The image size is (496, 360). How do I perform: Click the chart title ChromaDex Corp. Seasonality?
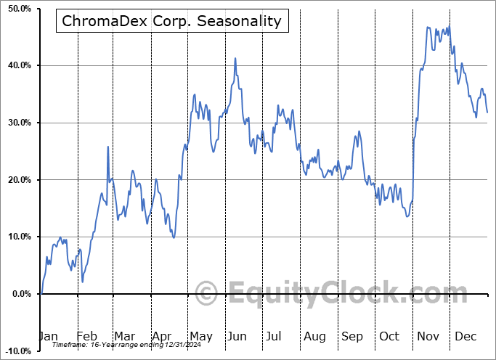pyautogui.click(x=171, y=21)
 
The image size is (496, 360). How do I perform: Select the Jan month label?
pyautogui.click(x=47, y=336)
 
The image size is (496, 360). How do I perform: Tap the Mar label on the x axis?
pyautogui.click(x=124, y=336)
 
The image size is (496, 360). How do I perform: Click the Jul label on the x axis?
pyautogui.click(x=275, y=336)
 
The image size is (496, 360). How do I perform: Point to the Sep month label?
pyautogui.click(x=351, y=336)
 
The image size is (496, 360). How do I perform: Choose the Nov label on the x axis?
pyautogui.click(x=428, y=336)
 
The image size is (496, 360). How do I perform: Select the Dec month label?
pyautogui.click(x=465, y=336)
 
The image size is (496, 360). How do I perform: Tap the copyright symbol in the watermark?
pyautogui.click(x=206, y=294)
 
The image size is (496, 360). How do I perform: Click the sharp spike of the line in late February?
pyautogui.click(x=108, y=147)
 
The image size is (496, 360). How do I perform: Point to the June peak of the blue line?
pyautogui.click(x=235, y=58)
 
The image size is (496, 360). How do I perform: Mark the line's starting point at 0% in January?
pyautogui.click(x=41, y=293)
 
